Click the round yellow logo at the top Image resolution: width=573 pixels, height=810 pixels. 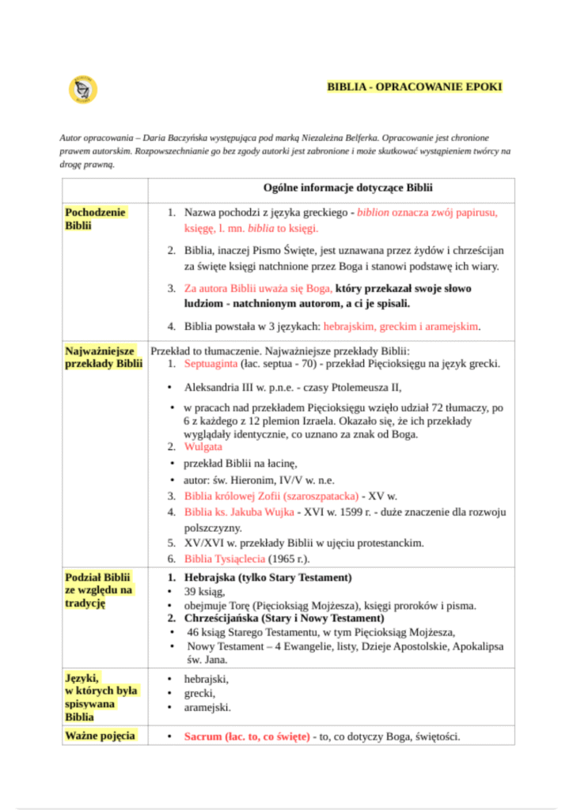[x=82, y=89]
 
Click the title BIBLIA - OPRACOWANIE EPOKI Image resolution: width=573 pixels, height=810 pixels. [x=415, y=87]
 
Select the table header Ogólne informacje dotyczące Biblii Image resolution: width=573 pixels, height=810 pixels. [x=347, y=187]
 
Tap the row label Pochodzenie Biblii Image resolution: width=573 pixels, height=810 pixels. [x=96, y=219]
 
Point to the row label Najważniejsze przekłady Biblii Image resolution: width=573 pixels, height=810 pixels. [x=104, y=357]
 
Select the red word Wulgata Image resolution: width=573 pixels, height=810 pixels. [x=203, y=447]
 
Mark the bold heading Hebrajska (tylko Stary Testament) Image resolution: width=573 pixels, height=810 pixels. [x=268, y=577]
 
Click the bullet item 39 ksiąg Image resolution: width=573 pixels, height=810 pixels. [x=205, y=592]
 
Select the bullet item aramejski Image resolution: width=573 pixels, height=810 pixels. [x=207, y=707]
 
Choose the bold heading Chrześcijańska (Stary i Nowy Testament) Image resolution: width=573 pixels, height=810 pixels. [x=283, y=618]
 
